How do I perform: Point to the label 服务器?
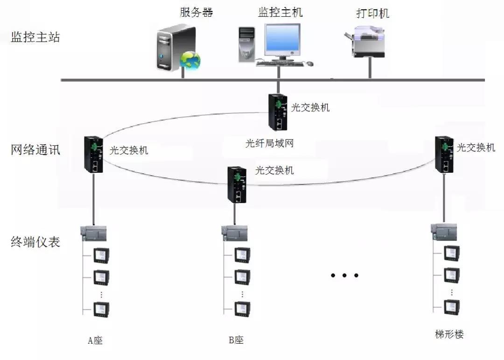tap(196, 12)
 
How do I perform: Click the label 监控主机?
tap(280, 12)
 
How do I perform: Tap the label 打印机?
tap(372, 13)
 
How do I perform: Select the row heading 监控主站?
tap(35, 37)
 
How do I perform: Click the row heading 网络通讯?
tap(35, 150)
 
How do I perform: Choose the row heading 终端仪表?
tap(35, 242)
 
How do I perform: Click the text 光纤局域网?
tap(269, 143)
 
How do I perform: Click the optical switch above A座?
tap(93, 154)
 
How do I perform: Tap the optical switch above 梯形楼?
tap(444, 154)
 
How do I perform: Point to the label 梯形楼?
tap(449, 334)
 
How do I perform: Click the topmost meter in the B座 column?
tap(242, 255)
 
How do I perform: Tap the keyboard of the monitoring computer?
tap(279, 63)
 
